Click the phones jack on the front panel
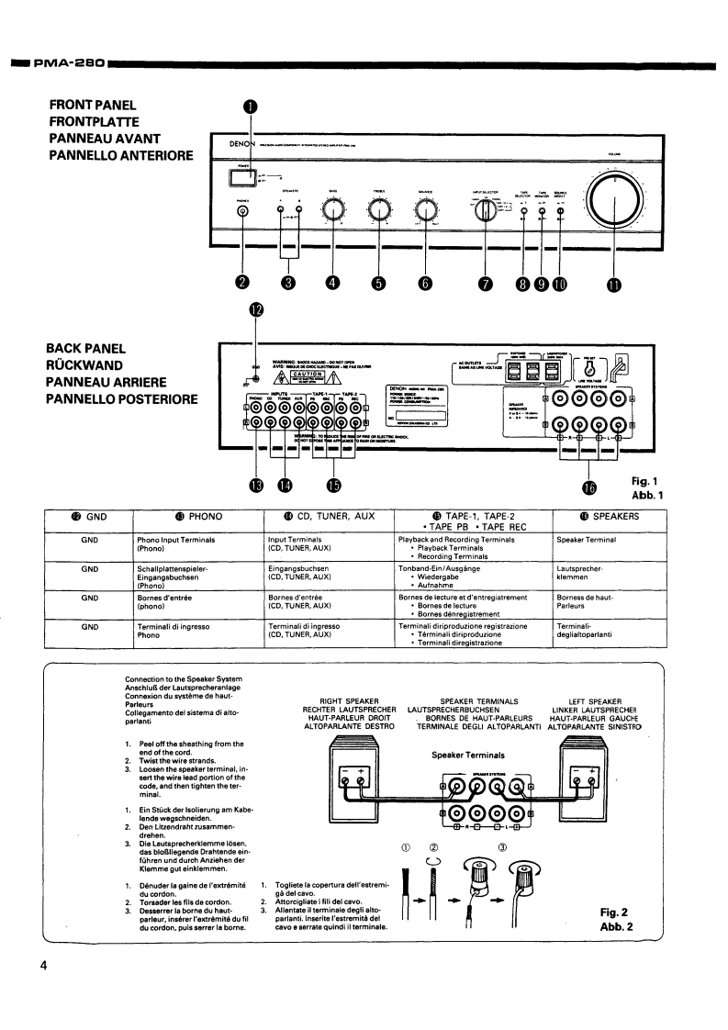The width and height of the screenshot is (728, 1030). pos(242,211)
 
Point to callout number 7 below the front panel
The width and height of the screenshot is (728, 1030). pos(484,283)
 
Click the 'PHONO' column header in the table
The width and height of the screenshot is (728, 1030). pos(197,517)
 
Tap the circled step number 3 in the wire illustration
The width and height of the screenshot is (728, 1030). pos(503,846)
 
